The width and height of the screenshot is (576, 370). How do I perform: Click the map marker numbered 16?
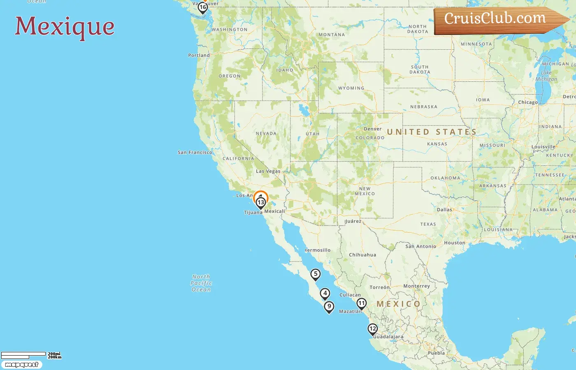click(202, 7)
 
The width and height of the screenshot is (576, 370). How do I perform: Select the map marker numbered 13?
click(261, 202)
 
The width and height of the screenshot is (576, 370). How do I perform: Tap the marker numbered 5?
click(316, 274)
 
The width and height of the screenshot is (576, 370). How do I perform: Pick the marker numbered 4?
click(325, 294)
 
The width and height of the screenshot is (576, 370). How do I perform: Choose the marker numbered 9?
click(329, 307)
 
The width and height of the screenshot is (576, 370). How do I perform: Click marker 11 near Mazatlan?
click(361, 304)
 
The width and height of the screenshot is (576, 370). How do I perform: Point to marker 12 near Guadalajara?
click(373, 329)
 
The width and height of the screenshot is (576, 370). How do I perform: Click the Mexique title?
click(65, 26)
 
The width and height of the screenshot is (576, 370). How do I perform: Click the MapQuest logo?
click(21, 365)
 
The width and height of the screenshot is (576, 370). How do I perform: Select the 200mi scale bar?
click(23, 354)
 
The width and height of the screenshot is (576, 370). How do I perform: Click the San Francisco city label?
click(195, 153)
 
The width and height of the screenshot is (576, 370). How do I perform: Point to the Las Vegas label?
click(268, 171)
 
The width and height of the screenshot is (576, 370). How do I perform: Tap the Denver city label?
click(372, 129)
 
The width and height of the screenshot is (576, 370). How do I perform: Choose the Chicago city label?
click(528, 102)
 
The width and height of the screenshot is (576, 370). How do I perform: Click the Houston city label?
click(454, 243)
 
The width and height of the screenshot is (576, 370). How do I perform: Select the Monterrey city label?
click(416, 286)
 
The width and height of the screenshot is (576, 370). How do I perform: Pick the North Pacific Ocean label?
click(201, 283)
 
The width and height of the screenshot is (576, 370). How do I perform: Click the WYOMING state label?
click(351, 88)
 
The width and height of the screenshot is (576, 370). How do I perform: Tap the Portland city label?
click(199, 55)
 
